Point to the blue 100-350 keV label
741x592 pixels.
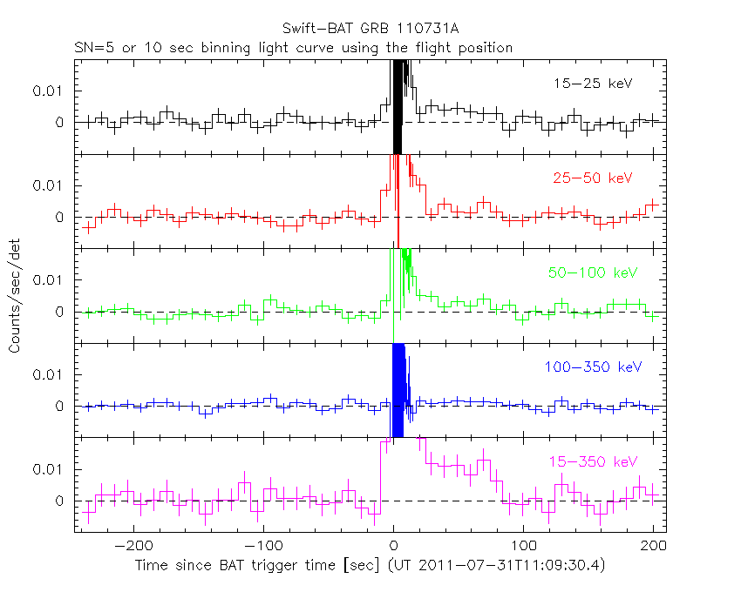point(588,367)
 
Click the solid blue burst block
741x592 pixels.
point(398,387)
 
